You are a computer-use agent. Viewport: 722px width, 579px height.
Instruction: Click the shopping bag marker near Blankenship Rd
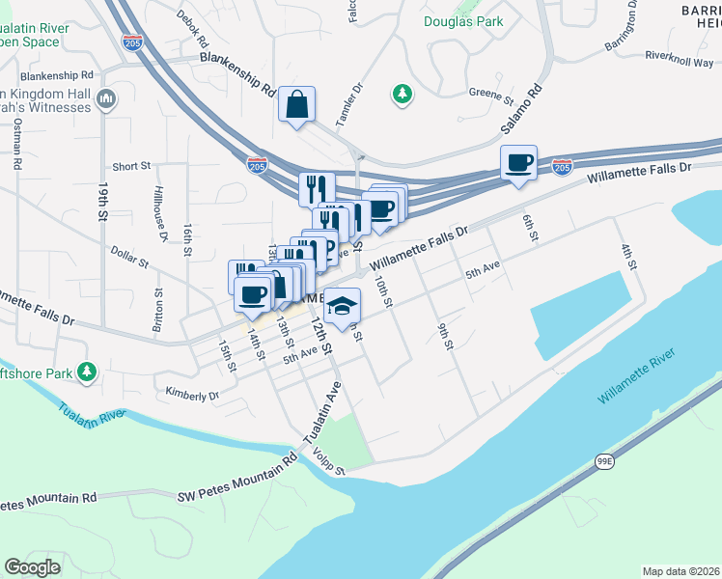[x=297, y=103]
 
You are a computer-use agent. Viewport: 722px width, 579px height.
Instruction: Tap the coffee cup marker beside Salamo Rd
[x=518, y=162]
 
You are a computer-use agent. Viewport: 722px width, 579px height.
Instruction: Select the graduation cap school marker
[x=342, y=307]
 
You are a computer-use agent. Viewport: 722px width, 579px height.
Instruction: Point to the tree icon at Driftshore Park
[x=87, y=372]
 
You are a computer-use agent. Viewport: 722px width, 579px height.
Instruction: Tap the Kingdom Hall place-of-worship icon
[x=106, y=98]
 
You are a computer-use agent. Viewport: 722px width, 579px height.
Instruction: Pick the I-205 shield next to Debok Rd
[x=133, y=42]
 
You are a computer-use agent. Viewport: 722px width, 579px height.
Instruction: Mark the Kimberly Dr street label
[x=192, y=395]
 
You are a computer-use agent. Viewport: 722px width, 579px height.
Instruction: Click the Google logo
[x=32, y=567]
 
